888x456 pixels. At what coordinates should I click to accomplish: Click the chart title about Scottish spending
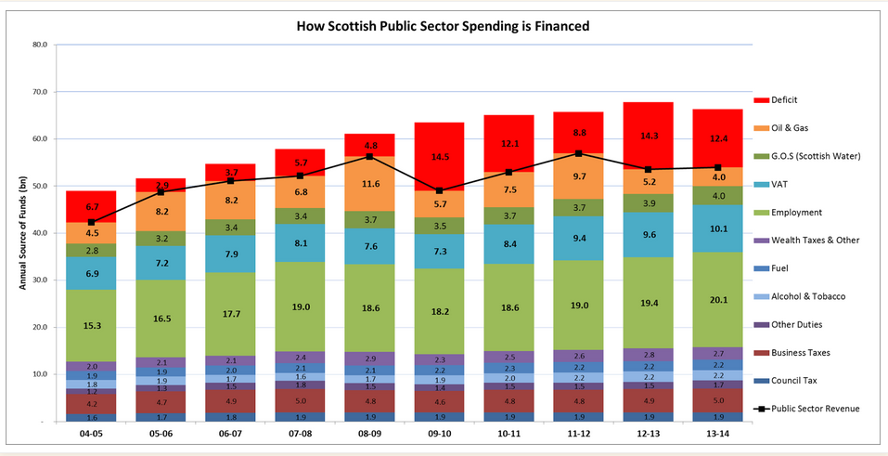point(443,26)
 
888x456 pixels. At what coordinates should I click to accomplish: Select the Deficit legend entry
point(784,99)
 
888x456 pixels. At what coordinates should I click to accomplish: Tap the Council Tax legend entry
point(793,380)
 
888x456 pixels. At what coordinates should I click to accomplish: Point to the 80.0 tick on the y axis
point(39,45)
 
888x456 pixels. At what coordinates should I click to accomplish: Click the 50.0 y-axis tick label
point(39,187)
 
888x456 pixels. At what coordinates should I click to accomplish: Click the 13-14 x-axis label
point(717,434)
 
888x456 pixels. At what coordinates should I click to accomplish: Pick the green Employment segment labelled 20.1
point(717,299)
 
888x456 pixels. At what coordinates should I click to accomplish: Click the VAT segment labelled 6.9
point(91,274)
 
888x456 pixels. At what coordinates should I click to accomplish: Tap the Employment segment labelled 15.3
point(91,325)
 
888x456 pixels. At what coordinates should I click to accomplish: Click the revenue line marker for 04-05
point(91,222)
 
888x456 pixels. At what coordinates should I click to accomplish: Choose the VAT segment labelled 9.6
point(648,235)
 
